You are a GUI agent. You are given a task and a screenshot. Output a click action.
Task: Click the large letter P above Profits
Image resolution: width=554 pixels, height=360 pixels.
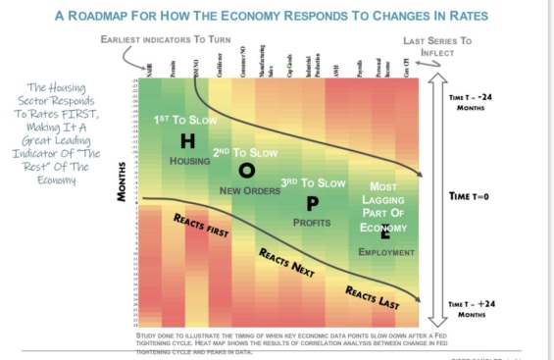click(x=312, y=203)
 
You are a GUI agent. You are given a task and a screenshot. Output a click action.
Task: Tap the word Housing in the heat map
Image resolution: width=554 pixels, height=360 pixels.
click(x=189, y=161)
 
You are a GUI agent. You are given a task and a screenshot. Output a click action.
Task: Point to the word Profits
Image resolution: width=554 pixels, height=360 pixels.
click(x=312, y=223)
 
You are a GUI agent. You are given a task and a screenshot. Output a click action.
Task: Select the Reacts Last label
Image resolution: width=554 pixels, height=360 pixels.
click(x=373, y=297)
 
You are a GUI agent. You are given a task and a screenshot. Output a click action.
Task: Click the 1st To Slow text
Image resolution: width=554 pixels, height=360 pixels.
click(x=184, y=120)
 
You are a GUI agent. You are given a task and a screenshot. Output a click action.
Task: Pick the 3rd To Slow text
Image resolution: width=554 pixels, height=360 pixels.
click(x=313, y=183)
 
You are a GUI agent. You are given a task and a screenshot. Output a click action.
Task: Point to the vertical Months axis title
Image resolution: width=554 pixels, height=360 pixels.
click(x=123, y=181)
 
